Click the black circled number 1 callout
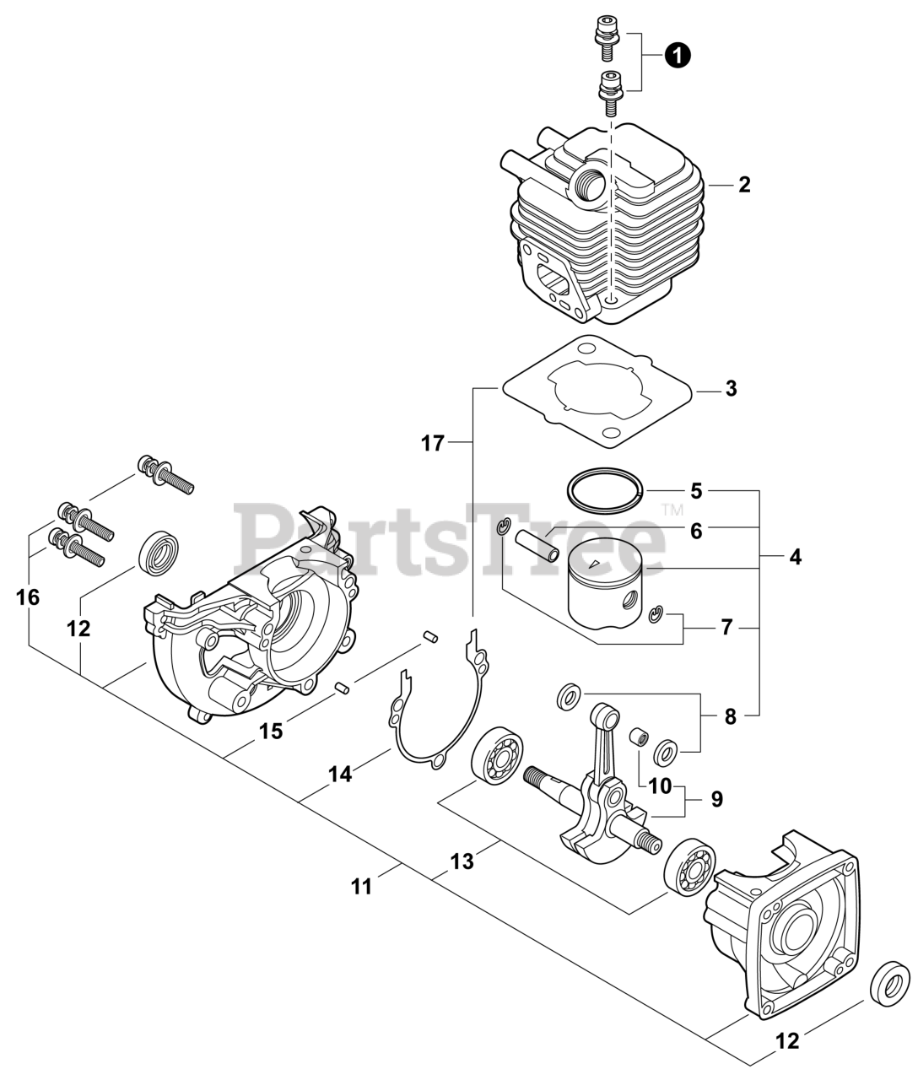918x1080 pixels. pyautogui.click(x=678, y=55)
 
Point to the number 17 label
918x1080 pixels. pyautogui.click(x=432, y=443)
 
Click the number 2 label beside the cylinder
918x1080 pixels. pyautogui.click(x=743, y=185)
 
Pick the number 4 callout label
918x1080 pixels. pyautogui.click(x=795, y=558)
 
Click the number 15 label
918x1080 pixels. pyautogui.click(x=271, y=732)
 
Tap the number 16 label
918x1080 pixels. pyautogui.click(x=28, y=597)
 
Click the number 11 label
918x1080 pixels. pyautogui.click(x=361, y=887)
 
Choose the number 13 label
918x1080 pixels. pyautogui.click(x=462, y=861)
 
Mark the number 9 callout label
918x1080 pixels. pyautogui.click(x=716, y=799)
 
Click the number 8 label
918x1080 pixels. pyautogui.click(x=730, y=717)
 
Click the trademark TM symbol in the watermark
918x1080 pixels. pyautogui.click(x=672, y=509)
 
